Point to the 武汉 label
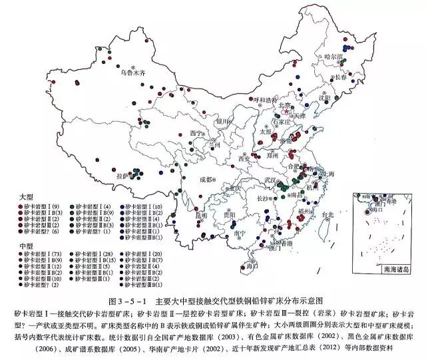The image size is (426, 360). coord(271,180)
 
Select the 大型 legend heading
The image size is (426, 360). coord(27,199)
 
